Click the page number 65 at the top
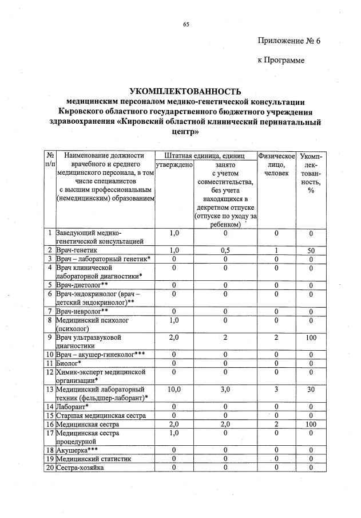point(186,23)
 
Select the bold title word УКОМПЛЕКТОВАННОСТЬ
point(186,91)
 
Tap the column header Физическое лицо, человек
point(276,164)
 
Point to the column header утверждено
point(174,165)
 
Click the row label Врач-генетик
point(76,250)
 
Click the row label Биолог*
point(68,363)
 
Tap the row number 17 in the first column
point(50,433)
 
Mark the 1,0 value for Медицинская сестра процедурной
point(174,433)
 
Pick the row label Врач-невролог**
point(81,311)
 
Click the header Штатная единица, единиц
point(204,155)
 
